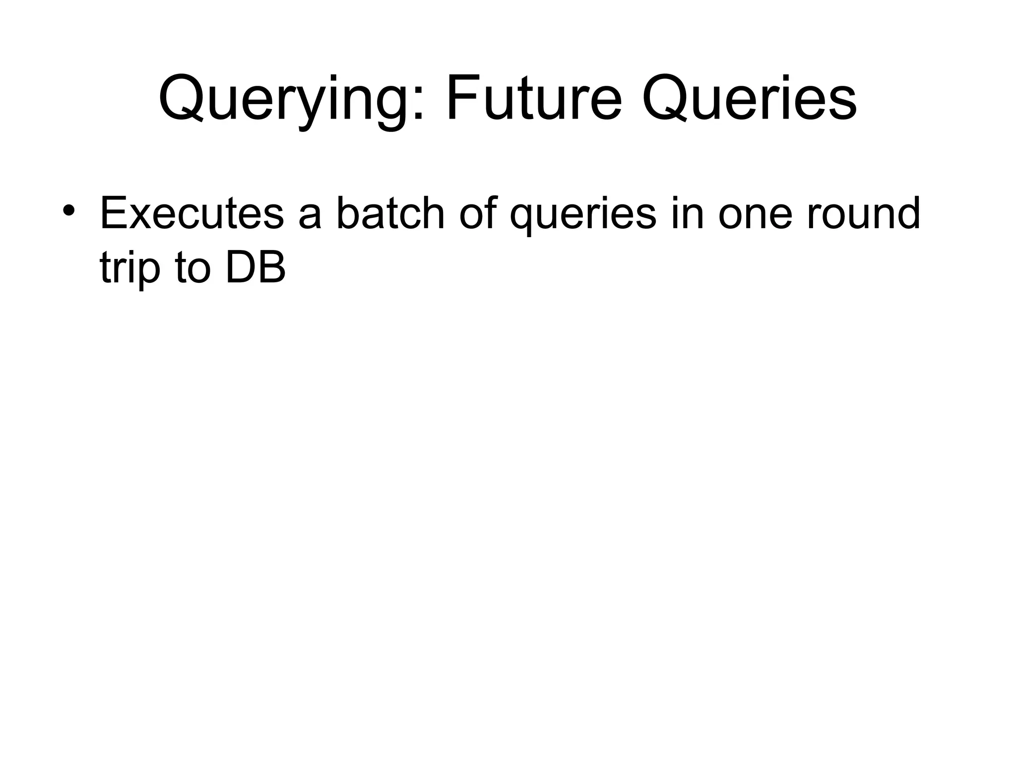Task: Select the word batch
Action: (390, 214)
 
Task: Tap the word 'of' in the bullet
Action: (477, 214)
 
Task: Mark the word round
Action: (863, 214)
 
